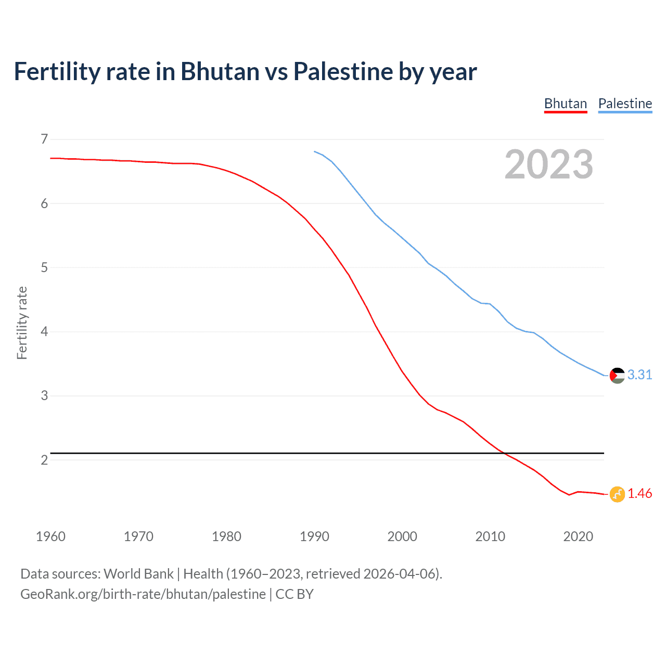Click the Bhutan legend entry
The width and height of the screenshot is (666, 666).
pos(565,104)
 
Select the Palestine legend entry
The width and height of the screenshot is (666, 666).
pos(625,104)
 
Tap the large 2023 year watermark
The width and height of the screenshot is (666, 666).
pos(548,164)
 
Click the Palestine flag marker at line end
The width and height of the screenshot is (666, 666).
pos(617,375)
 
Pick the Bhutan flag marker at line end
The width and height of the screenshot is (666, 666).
pos(617,494)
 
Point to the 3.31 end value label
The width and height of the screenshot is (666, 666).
pos(639,375)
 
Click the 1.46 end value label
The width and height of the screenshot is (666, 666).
pos(639,493)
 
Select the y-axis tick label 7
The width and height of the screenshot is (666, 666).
pos(44,139)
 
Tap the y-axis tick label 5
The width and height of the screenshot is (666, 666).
pos(44,267)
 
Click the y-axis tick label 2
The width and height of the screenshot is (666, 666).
pos(44,460)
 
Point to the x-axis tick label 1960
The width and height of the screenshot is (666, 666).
pos(50,536)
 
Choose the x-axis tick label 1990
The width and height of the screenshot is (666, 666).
pos(314,536)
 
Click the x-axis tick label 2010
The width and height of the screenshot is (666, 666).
pos(490,536)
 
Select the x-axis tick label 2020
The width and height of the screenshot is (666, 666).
pos(578,536)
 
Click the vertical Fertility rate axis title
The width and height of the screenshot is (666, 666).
pos(22,323)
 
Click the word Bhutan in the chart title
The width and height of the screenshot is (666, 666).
pos(220,72)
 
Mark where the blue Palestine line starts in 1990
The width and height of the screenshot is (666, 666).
pos(314,151)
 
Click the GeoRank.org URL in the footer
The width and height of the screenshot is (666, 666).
pos(143,594)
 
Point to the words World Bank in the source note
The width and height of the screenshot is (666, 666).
pos(138,574)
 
